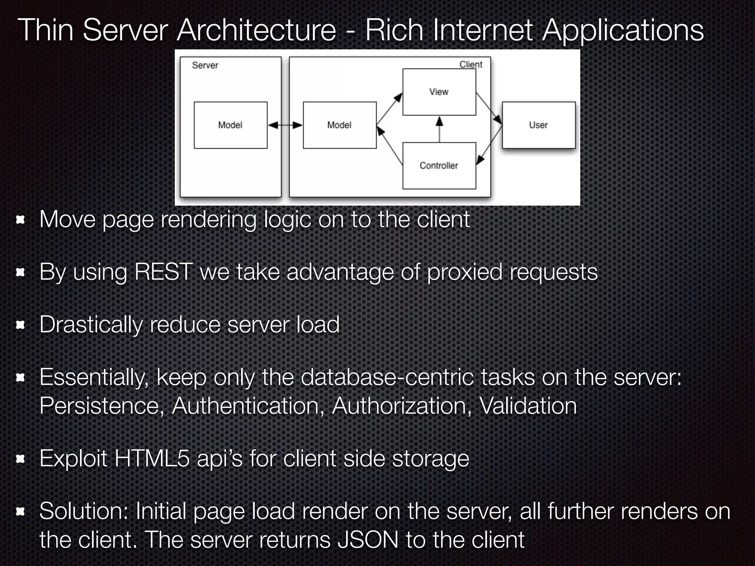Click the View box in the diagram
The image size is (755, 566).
[439, 92]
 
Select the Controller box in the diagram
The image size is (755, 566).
[439, 165]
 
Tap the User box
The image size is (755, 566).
[538, 125]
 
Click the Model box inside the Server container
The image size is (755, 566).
[230, 125]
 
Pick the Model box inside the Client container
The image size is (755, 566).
[340, 125]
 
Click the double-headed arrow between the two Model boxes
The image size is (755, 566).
[285, 125]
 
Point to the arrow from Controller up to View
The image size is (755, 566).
[439, 129]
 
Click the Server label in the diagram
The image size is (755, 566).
[205, 65]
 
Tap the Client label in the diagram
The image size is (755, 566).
[471, 64]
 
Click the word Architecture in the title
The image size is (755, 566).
[256, 30]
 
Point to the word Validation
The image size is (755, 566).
[528, 406]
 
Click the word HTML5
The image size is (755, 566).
[152, 459]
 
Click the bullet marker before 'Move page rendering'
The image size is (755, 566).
[20, 220]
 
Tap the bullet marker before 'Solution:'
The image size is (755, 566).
[20, 511]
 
